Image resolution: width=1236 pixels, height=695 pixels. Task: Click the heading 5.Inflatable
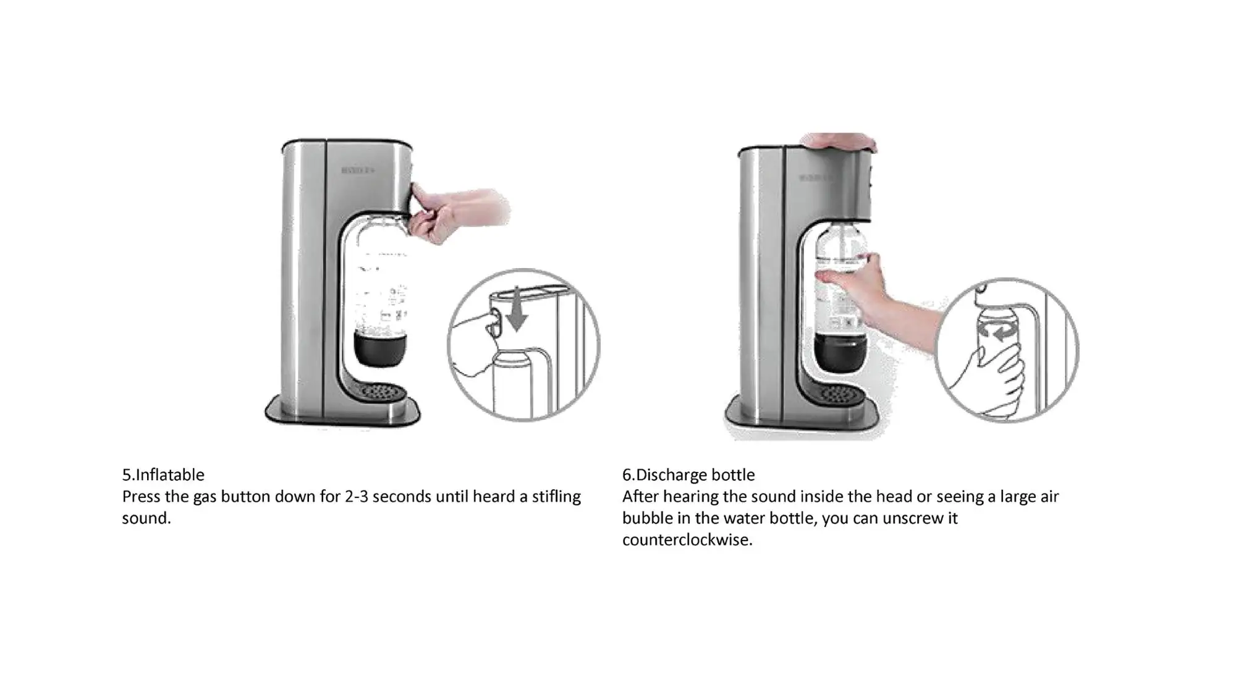163,474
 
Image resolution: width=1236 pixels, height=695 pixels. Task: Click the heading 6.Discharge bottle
688,474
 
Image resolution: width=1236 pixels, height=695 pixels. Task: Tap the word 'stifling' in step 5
556,497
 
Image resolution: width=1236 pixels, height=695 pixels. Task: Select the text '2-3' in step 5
356,497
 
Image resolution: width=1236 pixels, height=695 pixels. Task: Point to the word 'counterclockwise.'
687,540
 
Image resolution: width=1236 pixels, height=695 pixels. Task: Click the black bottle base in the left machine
381,350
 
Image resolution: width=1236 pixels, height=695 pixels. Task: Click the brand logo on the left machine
358,170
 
